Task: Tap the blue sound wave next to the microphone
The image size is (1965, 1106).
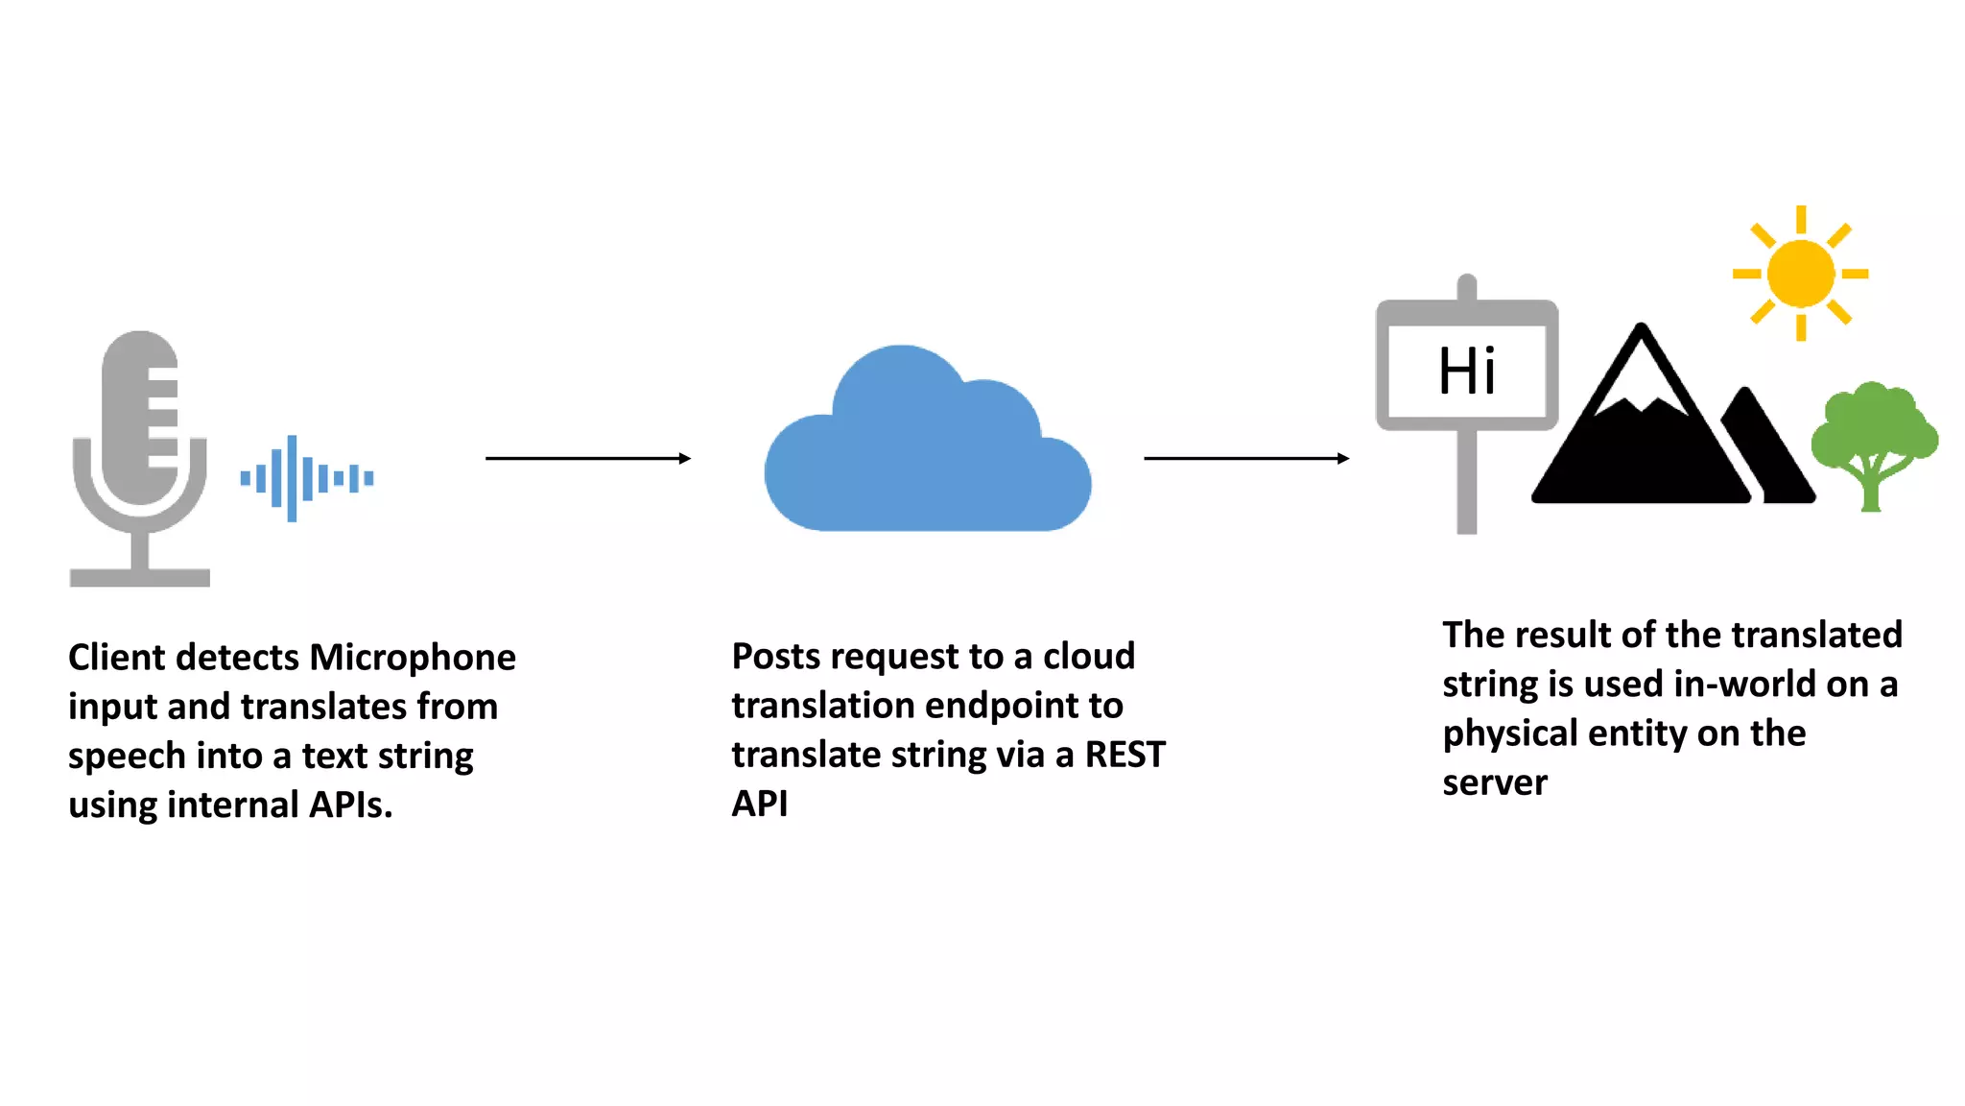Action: (305, 478)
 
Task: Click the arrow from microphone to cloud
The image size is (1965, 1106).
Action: (587, 459)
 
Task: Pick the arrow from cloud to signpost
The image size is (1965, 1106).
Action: (1245, 459)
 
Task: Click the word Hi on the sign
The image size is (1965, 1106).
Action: (1466, 372)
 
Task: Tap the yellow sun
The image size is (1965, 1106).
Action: (1800, 274)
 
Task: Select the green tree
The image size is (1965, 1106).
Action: (1872, 437)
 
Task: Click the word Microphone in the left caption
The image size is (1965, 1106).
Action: (413, 658)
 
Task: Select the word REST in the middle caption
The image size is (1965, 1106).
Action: (1125, 755)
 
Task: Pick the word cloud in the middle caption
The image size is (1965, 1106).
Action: (1088, 657)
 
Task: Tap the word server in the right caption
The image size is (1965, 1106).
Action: (1494, 783)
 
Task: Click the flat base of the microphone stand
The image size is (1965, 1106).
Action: (140, 578)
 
